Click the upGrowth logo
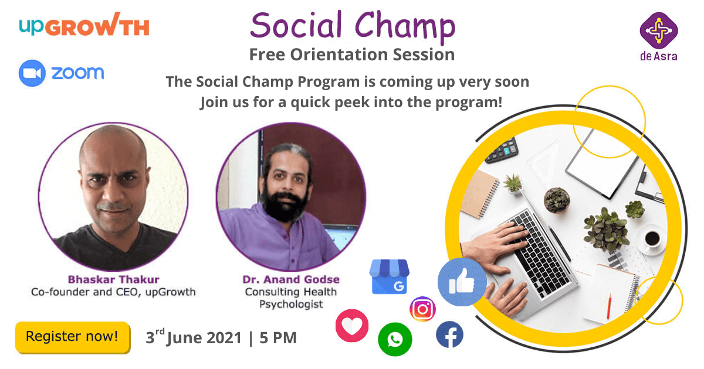point(84,25)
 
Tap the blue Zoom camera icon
point(32,73)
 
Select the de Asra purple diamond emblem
point(659,30)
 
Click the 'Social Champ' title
point(353,25)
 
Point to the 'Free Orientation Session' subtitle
point(352,54)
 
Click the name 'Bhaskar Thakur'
point(113,279)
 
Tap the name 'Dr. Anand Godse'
point(291,279)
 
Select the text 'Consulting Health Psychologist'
point(291,298)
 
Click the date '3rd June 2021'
point(194,337)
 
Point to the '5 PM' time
point(278,338)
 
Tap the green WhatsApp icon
point(395,339)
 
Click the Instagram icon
point(423,309)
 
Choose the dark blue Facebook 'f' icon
point(449,334)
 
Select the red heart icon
point(352,326)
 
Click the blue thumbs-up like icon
point(462,282)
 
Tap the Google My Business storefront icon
point(390,276)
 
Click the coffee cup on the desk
point(652,239)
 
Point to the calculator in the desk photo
point(502,151)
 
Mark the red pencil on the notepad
point(609,306)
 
